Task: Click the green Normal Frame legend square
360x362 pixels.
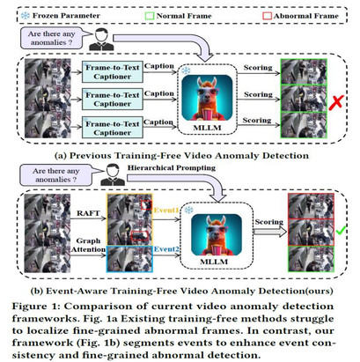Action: tap(150, 16)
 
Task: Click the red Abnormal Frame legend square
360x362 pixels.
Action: tap(267, 16)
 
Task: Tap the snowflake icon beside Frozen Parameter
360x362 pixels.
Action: tap(26, 16)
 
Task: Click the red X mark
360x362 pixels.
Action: tap(336, 102)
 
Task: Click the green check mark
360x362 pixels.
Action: tap(341, 230)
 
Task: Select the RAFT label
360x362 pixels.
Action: tap(88, 213)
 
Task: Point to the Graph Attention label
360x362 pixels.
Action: tap(88, 245)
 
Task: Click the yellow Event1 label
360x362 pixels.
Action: tap(166, 210)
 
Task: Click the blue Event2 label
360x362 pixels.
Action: tap(166, 249)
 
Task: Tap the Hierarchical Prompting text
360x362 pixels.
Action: tap(172, 167)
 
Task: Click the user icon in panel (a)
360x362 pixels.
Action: tap(101, 40)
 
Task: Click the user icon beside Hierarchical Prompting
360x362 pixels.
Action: tap(113, 175)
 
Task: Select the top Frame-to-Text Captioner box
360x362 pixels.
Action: tap(113, 72)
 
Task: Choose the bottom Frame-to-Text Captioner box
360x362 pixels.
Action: tap(113, 128)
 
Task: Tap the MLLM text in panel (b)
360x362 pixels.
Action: tap(214, 262)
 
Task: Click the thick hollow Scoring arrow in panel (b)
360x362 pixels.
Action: tap(270, 232)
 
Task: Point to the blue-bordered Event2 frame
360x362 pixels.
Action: tap(129, 259)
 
